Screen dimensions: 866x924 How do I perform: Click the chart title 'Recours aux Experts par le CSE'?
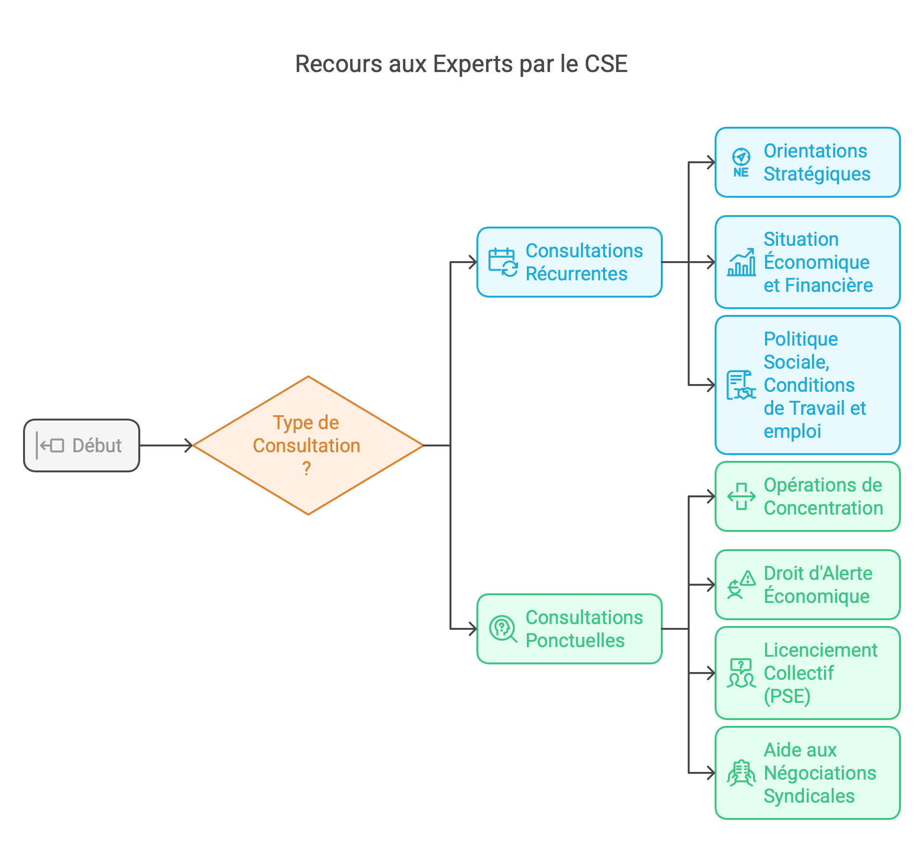point(461,64)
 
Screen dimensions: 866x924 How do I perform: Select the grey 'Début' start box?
point(82,445)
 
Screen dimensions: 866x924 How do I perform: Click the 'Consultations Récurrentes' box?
point(570,262)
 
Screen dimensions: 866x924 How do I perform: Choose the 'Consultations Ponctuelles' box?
point(570,629)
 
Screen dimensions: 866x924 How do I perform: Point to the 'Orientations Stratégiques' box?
point(807,162)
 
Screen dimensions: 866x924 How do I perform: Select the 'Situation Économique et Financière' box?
point(807,262)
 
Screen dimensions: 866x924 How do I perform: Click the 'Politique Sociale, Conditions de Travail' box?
point(807,385)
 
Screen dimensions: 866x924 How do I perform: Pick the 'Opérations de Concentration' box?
point(807,496)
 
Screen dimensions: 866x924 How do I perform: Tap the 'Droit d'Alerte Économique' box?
point(807,585)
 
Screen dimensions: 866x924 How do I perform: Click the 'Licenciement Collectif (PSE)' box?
point(807,673)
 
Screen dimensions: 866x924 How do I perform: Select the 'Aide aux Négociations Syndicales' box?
point(807,773)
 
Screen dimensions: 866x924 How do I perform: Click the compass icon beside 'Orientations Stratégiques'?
point(741,157)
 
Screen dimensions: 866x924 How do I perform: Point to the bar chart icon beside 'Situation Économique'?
point(742,263)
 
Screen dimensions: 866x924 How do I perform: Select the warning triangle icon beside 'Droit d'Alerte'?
point(748,578)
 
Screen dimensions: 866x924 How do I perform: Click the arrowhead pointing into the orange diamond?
point(189,445)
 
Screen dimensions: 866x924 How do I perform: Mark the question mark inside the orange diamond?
point(306,469)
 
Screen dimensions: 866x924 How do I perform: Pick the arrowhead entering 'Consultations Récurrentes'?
point(473,262)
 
